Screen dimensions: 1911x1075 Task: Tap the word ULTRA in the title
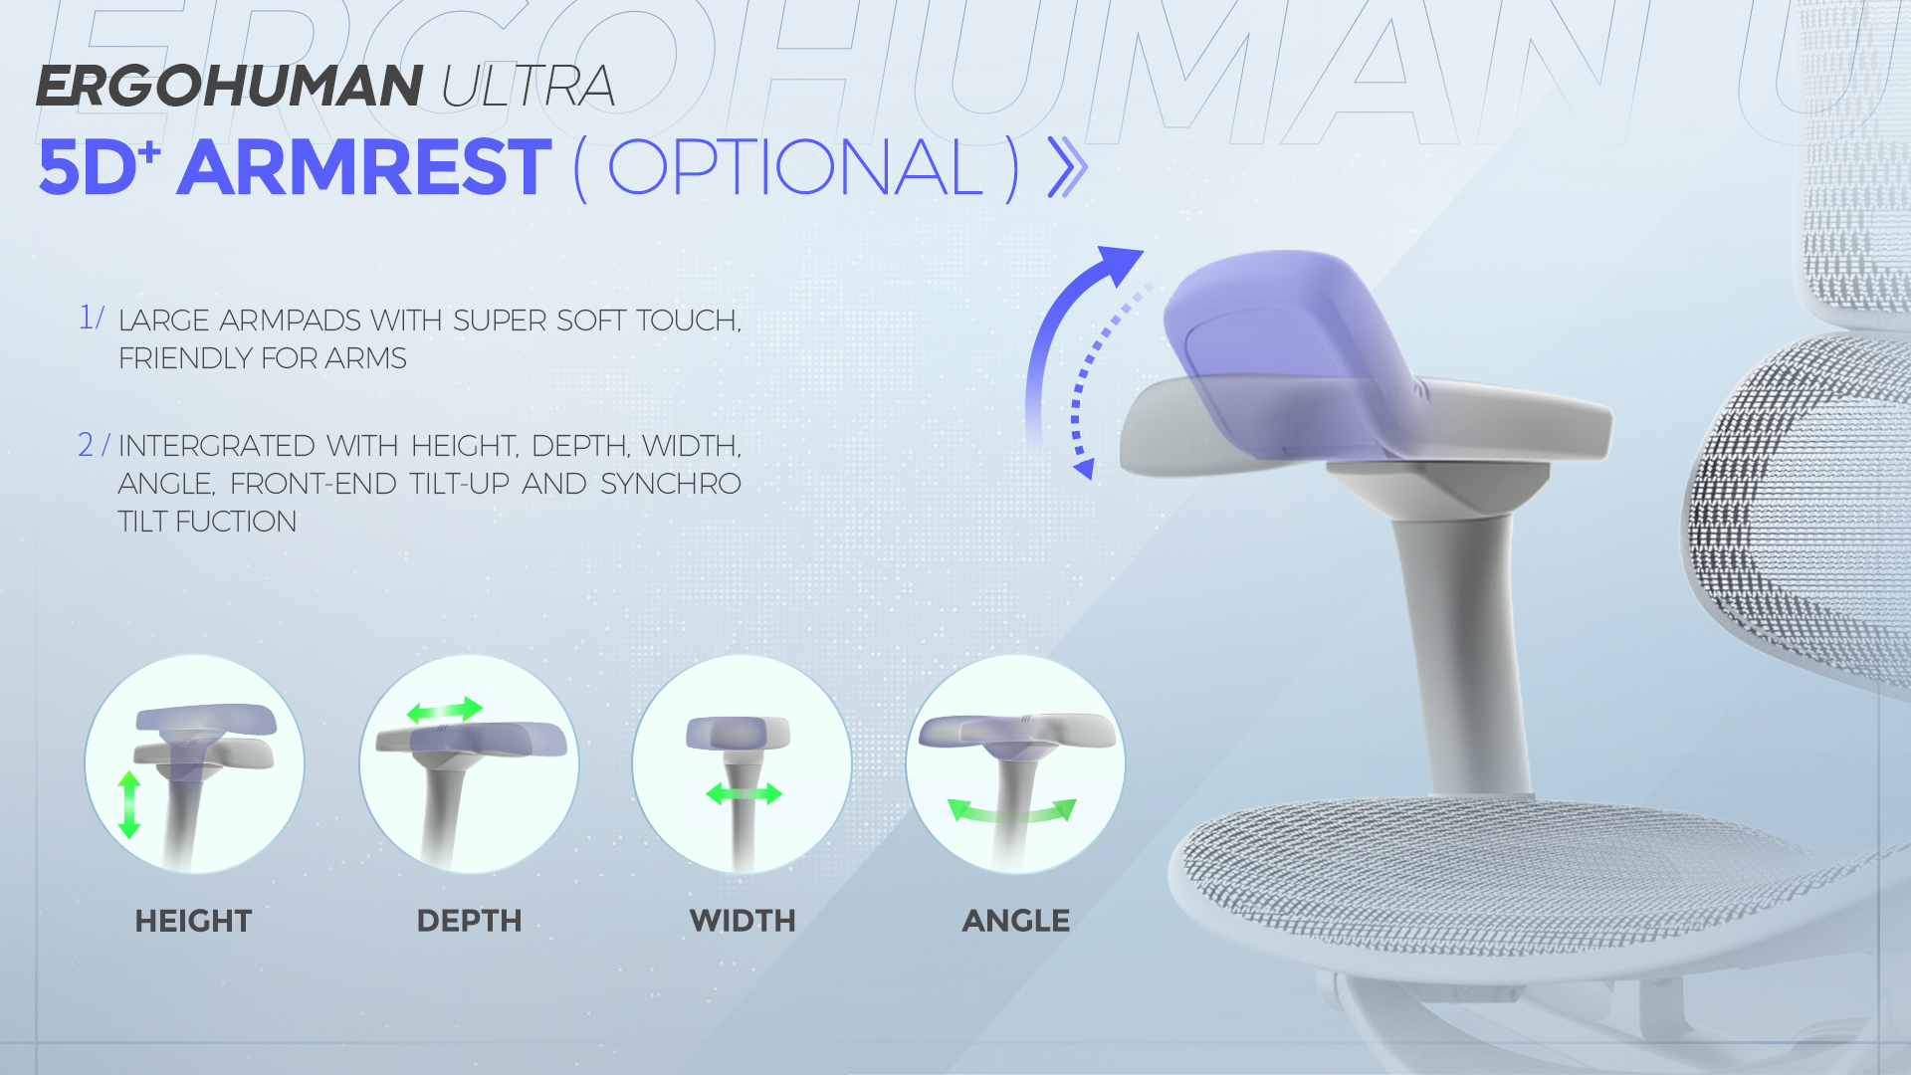[528, 86]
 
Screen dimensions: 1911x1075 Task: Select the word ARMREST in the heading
[364, 167]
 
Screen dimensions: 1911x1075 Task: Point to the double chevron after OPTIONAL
[1068, 167]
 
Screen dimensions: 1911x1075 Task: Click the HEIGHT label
[193, 921]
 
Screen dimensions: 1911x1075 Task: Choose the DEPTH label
[469, 921]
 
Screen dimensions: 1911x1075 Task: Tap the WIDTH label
[743, 921]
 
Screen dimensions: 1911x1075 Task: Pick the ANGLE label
[1016, 921]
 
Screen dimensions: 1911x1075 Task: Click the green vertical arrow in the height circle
[129, 804]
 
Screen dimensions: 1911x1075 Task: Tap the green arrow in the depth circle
[445, 710]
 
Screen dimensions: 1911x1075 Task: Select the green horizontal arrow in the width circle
[744, 793]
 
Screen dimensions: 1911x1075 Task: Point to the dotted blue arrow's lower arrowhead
[1084, 468]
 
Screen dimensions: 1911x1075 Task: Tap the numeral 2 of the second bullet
[87, 445]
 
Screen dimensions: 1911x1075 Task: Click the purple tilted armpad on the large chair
[1284, 348]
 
